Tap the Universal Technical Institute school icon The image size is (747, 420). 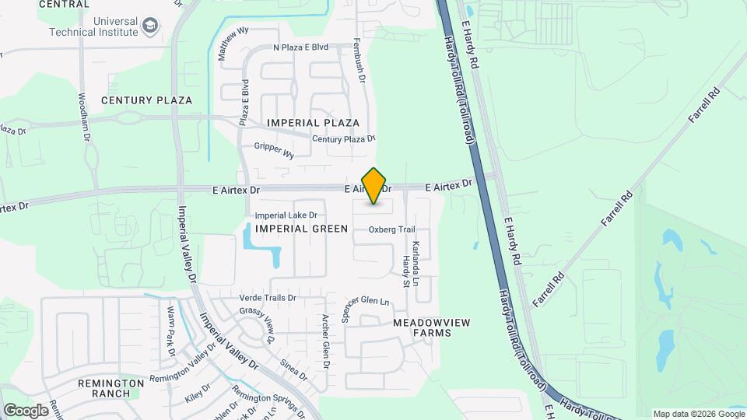coord(150,28)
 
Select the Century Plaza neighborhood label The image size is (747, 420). coord(146,100)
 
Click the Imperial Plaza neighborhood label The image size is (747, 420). coord(313,123)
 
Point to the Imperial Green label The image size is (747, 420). coord(302,229)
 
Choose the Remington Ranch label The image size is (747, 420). coord(110,388)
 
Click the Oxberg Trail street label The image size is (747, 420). coord(392,229)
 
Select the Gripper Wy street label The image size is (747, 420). coord(274,150)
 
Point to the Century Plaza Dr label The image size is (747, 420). coord(343,139)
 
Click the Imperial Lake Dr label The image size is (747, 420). coord(286,215)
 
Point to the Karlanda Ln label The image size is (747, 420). coord(416,261)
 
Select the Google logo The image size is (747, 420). coord(26,410)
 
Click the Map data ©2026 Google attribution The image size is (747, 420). coord(697,414)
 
